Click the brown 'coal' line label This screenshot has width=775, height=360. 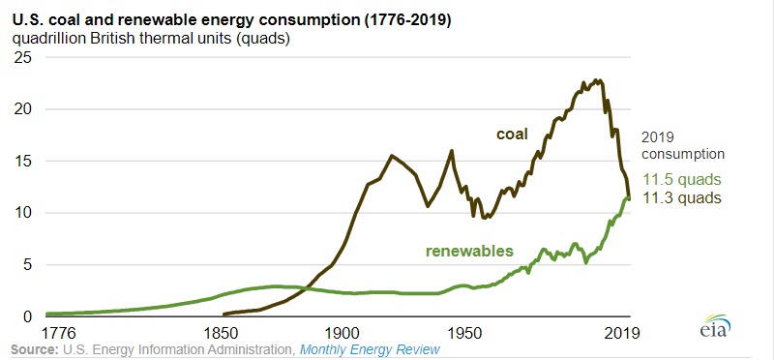click(x=512, y=135)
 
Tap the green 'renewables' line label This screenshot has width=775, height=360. click(x=468, y=252)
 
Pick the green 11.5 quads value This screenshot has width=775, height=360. click(x=682, y=181)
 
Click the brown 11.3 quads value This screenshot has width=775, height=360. click(x=682, y=198)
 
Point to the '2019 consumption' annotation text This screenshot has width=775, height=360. click(x=682, y=145)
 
